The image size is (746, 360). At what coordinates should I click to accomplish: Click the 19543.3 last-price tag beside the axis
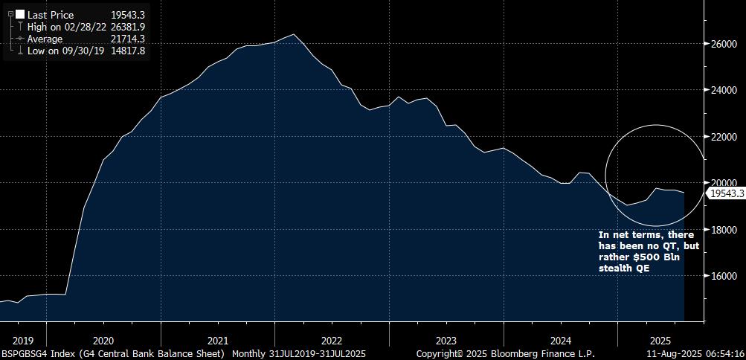click(x=725, y=193)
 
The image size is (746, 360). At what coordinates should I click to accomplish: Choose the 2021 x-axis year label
click(x=217, y=338)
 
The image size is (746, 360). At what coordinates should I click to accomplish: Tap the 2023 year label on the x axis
click(x=446, y=338)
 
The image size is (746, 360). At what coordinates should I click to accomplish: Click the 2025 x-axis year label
click(x=650, y=338)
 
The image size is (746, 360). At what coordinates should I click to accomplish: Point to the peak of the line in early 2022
click(x=294, y=34)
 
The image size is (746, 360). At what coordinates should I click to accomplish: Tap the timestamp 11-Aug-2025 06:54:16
click(x=695, y=353)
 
